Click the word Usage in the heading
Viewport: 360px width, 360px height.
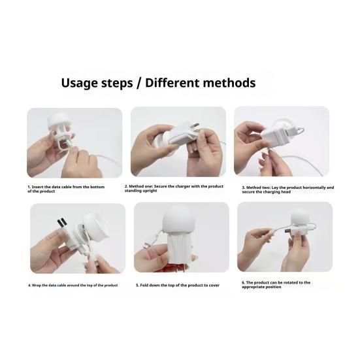(x=79, y=83)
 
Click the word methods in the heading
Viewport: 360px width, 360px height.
(x=229, y=83)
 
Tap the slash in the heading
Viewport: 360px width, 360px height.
(x=139, y=83)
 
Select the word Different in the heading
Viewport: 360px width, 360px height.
(x=172, y=83)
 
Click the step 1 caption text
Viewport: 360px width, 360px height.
(x=66, y=189)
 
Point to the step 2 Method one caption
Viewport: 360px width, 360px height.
(x=174, y=188)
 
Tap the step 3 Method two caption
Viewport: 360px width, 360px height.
(x=288, y=189)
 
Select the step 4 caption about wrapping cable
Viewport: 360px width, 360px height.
(x=73, y=286)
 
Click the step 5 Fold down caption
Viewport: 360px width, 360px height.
(x=178, y=285)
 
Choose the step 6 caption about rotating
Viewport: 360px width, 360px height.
(x=276, y=285)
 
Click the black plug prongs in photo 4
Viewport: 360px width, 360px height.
(x=62, y=223)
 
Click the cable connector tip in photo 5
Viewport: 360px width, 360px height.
(x=146, y=246)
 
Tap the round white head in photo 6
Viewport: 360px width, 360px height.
(x=299, y=217)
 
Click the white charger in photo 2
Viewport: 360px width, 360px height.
(x=182, y=135)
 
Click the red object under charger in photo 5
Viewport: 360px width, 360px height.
(x=175, y=267)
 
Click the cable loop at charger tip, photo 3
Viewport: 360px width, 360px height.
(x=300, y=132)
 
